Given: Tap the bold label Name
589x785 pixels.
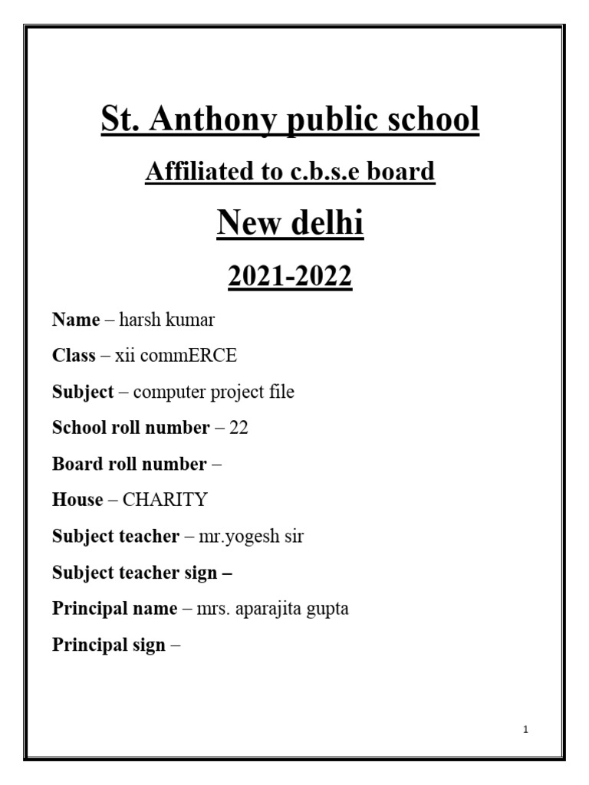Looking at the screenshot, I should tap(75, 320).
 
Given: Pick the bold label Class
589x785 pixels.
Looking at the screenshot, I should tap(74, 356).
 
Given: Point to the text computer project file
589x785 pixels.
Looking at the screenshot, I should tap(213, 392).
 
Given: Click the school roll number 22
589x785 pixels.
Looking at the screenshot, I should tap(239, 428).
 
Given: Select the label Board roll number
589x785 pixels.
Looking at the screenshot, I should tap(129, 464).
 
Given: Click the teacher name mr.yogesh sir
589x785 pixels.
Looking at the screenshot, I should tap(252, 537).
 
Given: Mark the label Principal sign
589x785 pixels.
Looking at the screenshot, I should tap(108, 645).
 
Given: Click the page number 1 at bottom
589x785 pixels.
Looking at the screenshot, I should tap(525, 730).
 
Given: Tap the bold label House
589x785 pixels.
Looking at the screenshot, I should tap(77, 500).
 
